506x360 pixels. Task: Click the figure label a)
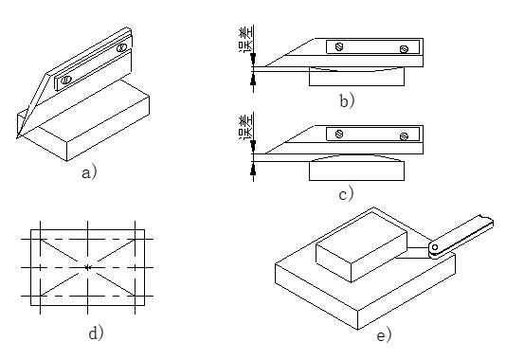tap(89, 172)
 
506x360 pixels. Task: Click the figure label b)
tap(347, 100)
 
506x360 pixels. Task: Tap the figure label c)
tap(346, 194)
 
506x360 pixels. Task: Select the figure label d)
tap(96, 332)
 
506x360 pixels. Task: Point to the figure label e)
tap(384, 335)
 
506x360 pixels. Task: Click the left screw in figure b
tap(339, 46)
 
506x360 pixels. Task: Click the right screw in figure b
tap(404, 49)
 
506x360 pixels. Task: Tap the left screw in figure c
tap(339, 134)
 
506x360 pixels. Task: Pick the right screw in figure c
tap(404, 136)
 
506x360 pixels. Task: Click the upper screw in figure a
tap(121, 47)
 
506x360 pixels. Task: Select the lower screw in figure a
tap(65, 79)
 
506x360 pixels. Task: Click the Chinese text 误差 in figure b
tap(246, 39)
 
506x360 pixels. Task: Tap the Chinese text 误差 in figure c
tap(246, 127)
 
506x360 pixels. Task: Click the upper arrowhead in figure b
tap(253, 60)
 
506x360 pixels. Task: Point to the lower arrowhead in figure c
tap(253, 169)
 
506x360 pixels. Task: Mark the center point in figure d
tap(88, 267)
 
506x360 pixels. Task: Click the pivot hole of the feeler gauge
tap(435, 247)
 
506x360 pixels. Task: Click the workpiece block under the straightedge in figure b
tap(356, 76)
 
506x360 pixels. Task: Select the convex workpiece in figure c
tap(356, 168)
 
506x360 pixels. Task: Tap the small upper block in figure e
tap(361, 246)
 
